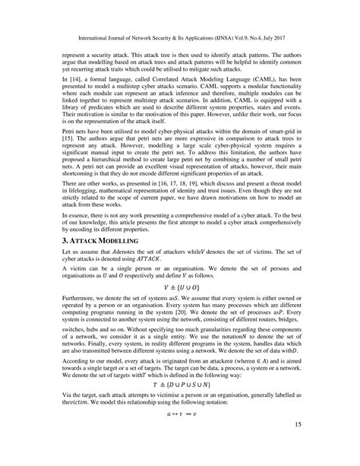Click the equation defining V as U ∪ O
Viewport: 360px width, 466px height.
[x=180, y=311]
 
